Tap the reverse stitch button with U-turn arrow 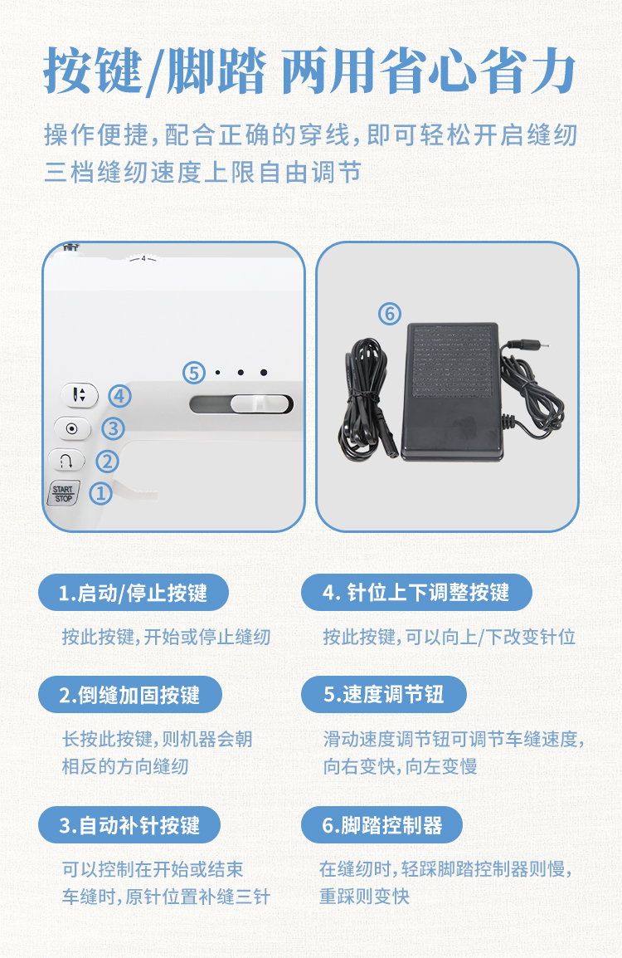[x=66, y=460]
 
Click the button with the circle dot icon [x=72, y=428]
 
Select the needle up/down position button [x=80, y=394]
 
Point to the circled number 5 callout [x=194, y=372]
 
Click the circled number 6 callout [x=390, y=314]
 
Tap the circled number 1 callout [x=100, y=493]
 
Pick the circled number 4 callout [x=119, y=396]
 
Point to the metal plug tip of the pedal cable [x=540, y=345]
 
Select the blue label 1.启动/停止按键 [x=133, y=593]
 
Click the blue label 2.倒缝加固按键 [x=130, y=695]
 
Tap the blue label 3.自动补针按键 [x=129, y=825]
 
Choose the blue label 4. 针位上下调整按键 [x=416, y=592]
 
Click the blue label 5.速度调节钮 [x=384, y=695]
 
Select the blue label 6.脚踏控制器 [x=382, y=825]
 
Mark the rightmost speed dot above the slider [x=264, y=372]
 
